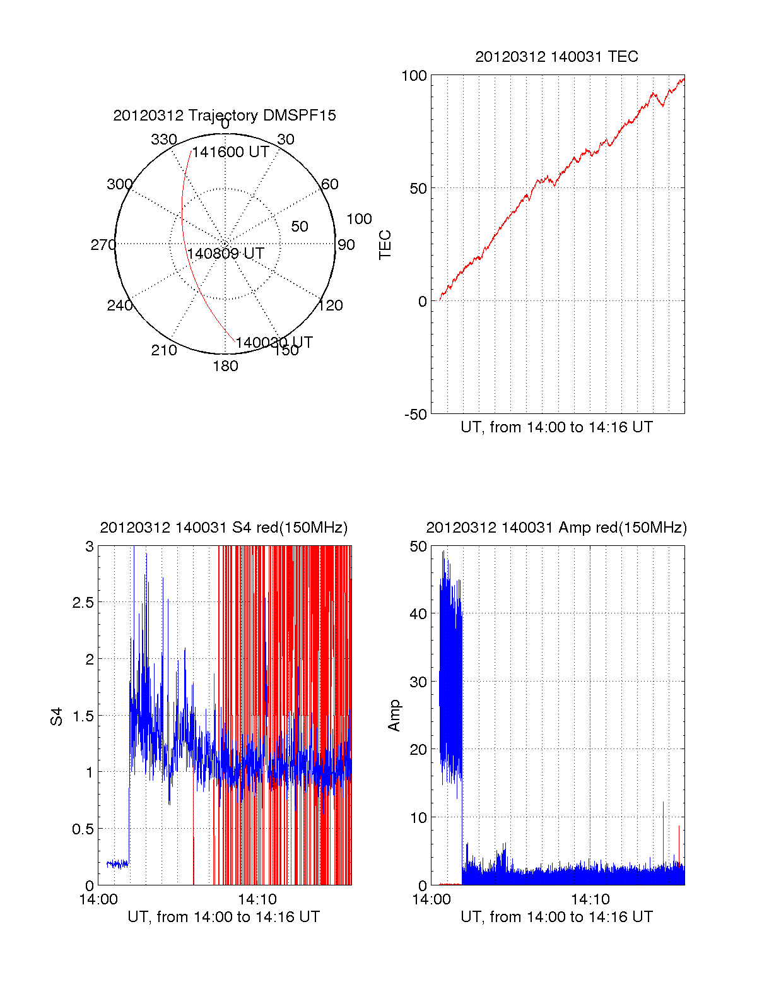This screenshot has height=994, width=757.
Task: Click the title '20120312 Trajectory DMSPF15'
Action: [225, 115]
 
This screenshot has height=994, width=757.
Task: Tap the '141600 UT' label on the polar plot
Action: [231, 152]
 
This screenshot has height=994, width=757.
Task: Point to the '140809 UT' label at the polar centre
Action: [225, 254]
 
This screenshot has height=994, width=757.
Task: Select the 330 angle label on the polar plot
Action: [163, 139]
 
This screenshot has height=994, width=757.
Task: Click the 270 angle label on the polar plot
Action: [103, 245]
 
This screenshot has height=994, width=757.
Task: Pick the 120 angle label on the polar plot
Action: [331, 305]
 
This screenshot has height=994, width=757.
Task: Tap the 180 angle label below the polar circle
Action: [225, 366]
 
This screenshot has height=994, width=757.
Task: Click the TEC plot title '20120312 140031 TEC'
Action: [556, 57]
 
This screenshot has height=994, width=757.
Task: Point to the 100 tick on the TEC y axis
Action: [414, 76]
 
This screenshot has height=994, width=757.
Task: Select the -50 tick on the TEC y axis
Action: [416, 415]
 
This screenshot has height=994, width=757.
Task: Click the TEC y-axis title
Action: [385, 245]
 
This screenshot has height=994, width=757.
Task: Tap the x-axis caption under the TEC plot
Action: [556, 427]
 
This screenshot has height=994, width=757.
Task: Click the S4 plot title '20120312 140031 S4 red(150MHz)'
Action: [224, 528]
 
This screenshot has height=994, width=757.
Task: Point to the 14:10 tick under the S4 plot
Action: [257, 899]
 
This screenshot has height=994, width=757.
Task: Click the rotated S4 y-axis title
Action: [57, 717]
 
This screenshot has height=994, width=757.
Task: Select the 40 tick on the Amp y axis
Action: [418, 613]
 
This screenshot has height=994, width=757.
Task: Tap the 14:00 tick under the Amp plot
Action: [431, 899]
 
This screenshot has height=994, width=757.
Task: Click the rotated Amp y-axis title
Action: [394, 715]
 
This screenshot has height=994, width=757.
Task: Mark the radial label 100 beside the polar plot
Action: [359, 219]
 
